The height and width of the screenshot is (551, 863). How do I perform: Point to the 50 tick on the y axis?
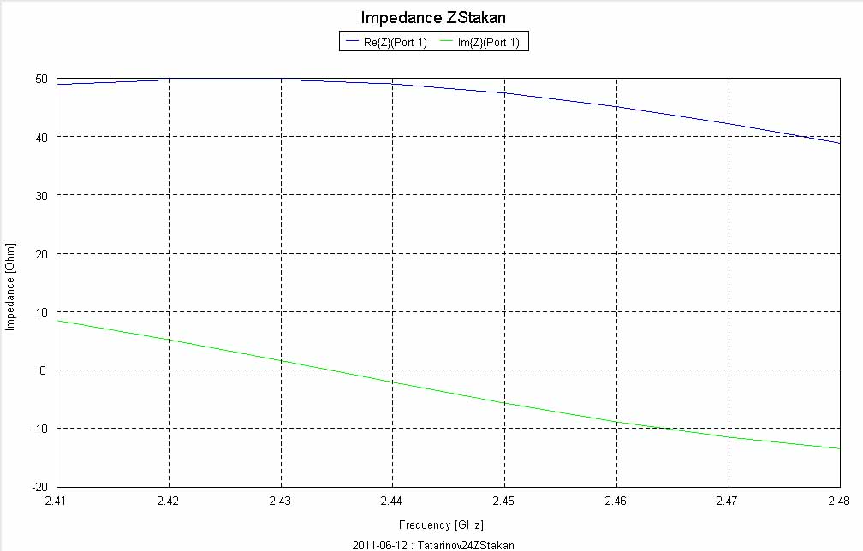tap(40, 79)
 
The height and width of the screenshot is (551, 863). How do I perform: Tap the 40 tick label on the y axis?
tap(40, 137)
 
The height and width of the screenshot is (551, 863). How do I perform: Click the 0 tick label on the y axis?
tap(43, 370)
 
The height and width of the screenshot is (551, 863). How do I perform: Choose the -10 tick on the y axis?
tap(39, 429)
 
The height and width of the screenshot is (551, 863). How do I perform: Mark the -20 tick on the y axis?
tap(39, 487)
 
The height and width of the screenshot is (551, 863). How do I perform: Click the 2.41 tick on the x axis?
tap(57, 501)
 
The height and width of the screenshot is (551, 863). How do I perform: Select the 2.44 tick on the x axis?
tap(392, 501)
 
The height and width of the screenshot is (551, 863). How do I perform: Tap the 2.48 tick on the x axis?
tap(839, 501)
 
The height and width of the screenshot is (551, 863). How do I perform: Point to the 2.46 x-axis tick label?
tap(616, 501)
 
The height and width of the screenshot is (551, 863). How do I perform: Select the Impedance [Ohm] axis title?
tap(11, 284)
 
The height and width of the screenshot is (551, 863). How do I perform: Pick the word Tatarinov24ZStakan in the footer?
tap(466, 544)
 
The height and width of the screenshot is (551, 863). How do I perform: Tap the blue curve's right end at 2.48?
tap(839, 142)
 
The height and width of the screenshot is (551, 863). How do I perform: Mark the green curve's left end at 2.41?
tap(57, 321)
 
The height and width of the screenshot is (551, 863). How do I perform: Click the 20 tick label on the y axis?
tap(40, 254)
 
